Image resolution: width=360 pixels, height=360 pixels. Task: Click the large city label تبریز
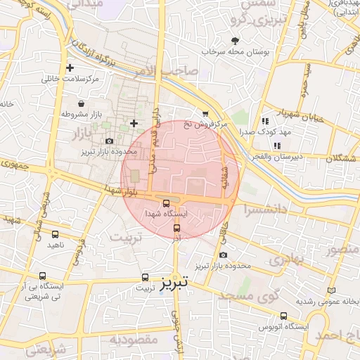(x=174, y=284)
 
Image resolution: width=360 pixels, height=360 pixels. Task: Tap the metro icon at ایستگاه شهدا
(x=166, y=203)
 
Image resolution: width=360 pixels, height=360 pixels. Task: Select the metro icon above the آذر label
(x=176, y=227)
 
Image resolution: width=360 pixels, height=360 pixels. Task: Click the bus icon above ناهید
(x=56, y=234)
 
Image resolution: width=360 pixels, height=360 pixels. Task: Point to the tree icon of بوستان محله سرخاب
(x=235, y=41)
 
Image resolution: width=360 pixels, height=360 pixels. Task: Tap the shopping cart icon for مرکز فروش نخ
(x=205, y=112)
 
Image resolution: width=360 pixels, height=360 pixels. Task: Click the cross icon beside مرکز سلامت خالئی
(x=70, y=68)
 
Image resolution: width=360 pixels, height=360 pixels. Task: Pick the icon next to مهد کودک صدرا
(x=264, y=121)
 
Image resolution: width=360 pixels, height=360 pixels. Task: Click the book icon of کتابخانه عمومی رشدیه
(x=331, y=290)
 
